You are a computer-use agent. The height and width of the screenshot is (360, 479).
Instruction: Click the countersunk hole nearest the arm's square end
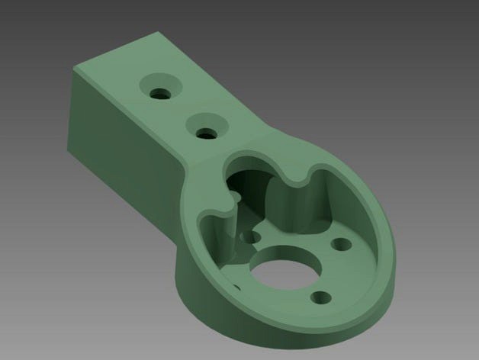coord(161,92)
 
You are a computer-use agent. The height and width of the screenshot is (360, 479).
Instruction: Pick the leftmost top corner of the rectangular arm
coord(74,69)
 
